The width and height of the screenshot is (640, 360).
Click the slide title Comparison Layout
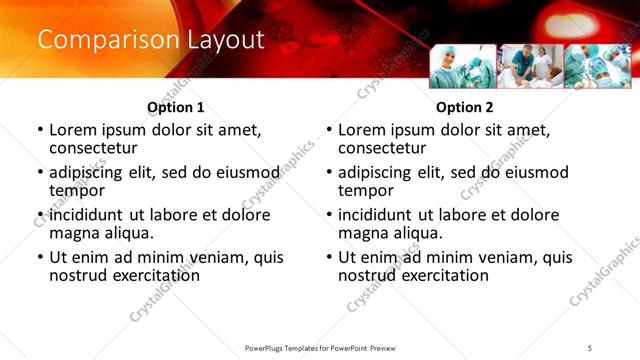pyautogui.click(x=151, y=40)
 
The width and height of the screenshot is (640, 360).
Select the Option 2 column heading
pyautogui.click(x=464, y=107)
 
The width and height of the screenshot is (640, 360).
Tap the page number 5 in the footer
pyautogui.click(x=590, y=348)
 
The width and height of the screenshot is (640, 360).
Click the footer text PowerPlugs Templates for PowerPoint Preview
pyautogui.click(x=319, y=348)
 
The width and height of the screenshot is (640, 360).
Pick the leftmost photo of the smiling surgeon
pyautogui.click(x=462, y=66)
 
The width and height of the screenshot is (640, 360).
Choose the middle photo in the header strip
pyautogui.click(x=529, y=66)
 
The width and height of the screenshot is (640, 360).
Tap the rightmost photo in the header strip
pyautogui.click(x=596, y=66)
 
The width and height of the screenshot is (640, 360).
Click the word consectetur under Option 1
pyautogui.click(x=94, y=148)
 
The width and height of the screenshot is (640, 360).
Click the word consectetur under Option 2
pyautogui.click(x=383, y=148)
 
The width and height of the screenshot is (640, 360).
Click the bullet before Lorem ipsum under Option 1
pyautogui.click(x=39, y=130)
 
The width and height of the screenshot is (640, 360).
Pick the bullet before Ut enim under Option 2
pyautogui.click(x=328, y=257)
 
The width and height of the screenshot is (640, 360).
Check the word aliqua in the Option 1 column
pyautogui.click(x=125, y=232)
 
